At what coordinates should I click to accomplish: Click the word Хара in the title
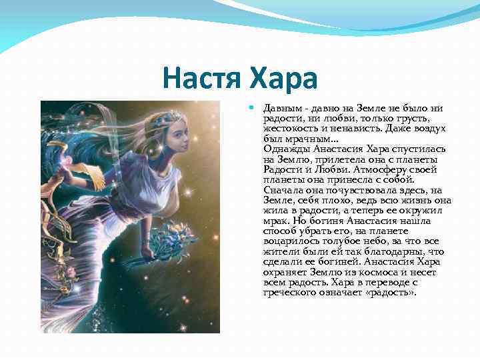coord(284,79)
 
